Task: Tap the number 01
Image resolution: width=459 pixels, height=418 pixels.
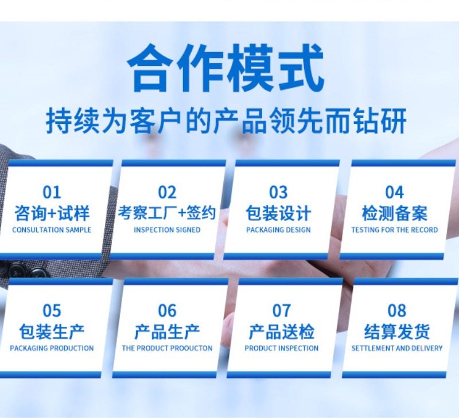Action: click(51, 192)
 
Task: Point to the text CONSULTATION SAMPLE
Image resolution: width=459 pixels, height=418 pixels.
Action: click(52, 230)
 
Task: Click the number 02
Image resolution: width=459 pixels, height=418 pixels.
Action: click(167, 192)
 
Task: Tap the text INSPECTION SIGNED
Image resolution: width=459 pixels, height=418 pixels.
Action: click(167, 230)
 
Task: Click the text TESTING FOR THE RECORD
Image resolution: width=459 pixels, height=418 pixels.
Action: click(394, 230)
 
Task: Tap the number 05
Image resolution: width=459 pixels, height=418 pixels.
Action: click(52, 311)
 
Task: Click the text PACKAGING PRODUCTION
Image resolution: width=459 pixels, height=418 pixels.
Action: click(52, 348)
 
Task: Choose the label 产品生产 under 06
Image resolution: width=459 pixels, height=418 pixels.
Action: click(167, 331)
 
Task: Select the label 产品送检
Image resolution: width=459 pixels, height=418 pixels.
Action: click(281, 331)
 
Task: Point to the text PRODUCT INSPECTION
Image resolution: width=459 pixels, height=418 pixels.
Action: click(281, 348)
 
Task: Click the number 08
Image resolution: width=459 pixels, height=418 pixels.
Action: click(397, 311)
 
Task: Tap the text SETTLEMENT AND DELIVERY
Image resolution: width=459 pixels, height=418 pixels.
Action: click(397, 348)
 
